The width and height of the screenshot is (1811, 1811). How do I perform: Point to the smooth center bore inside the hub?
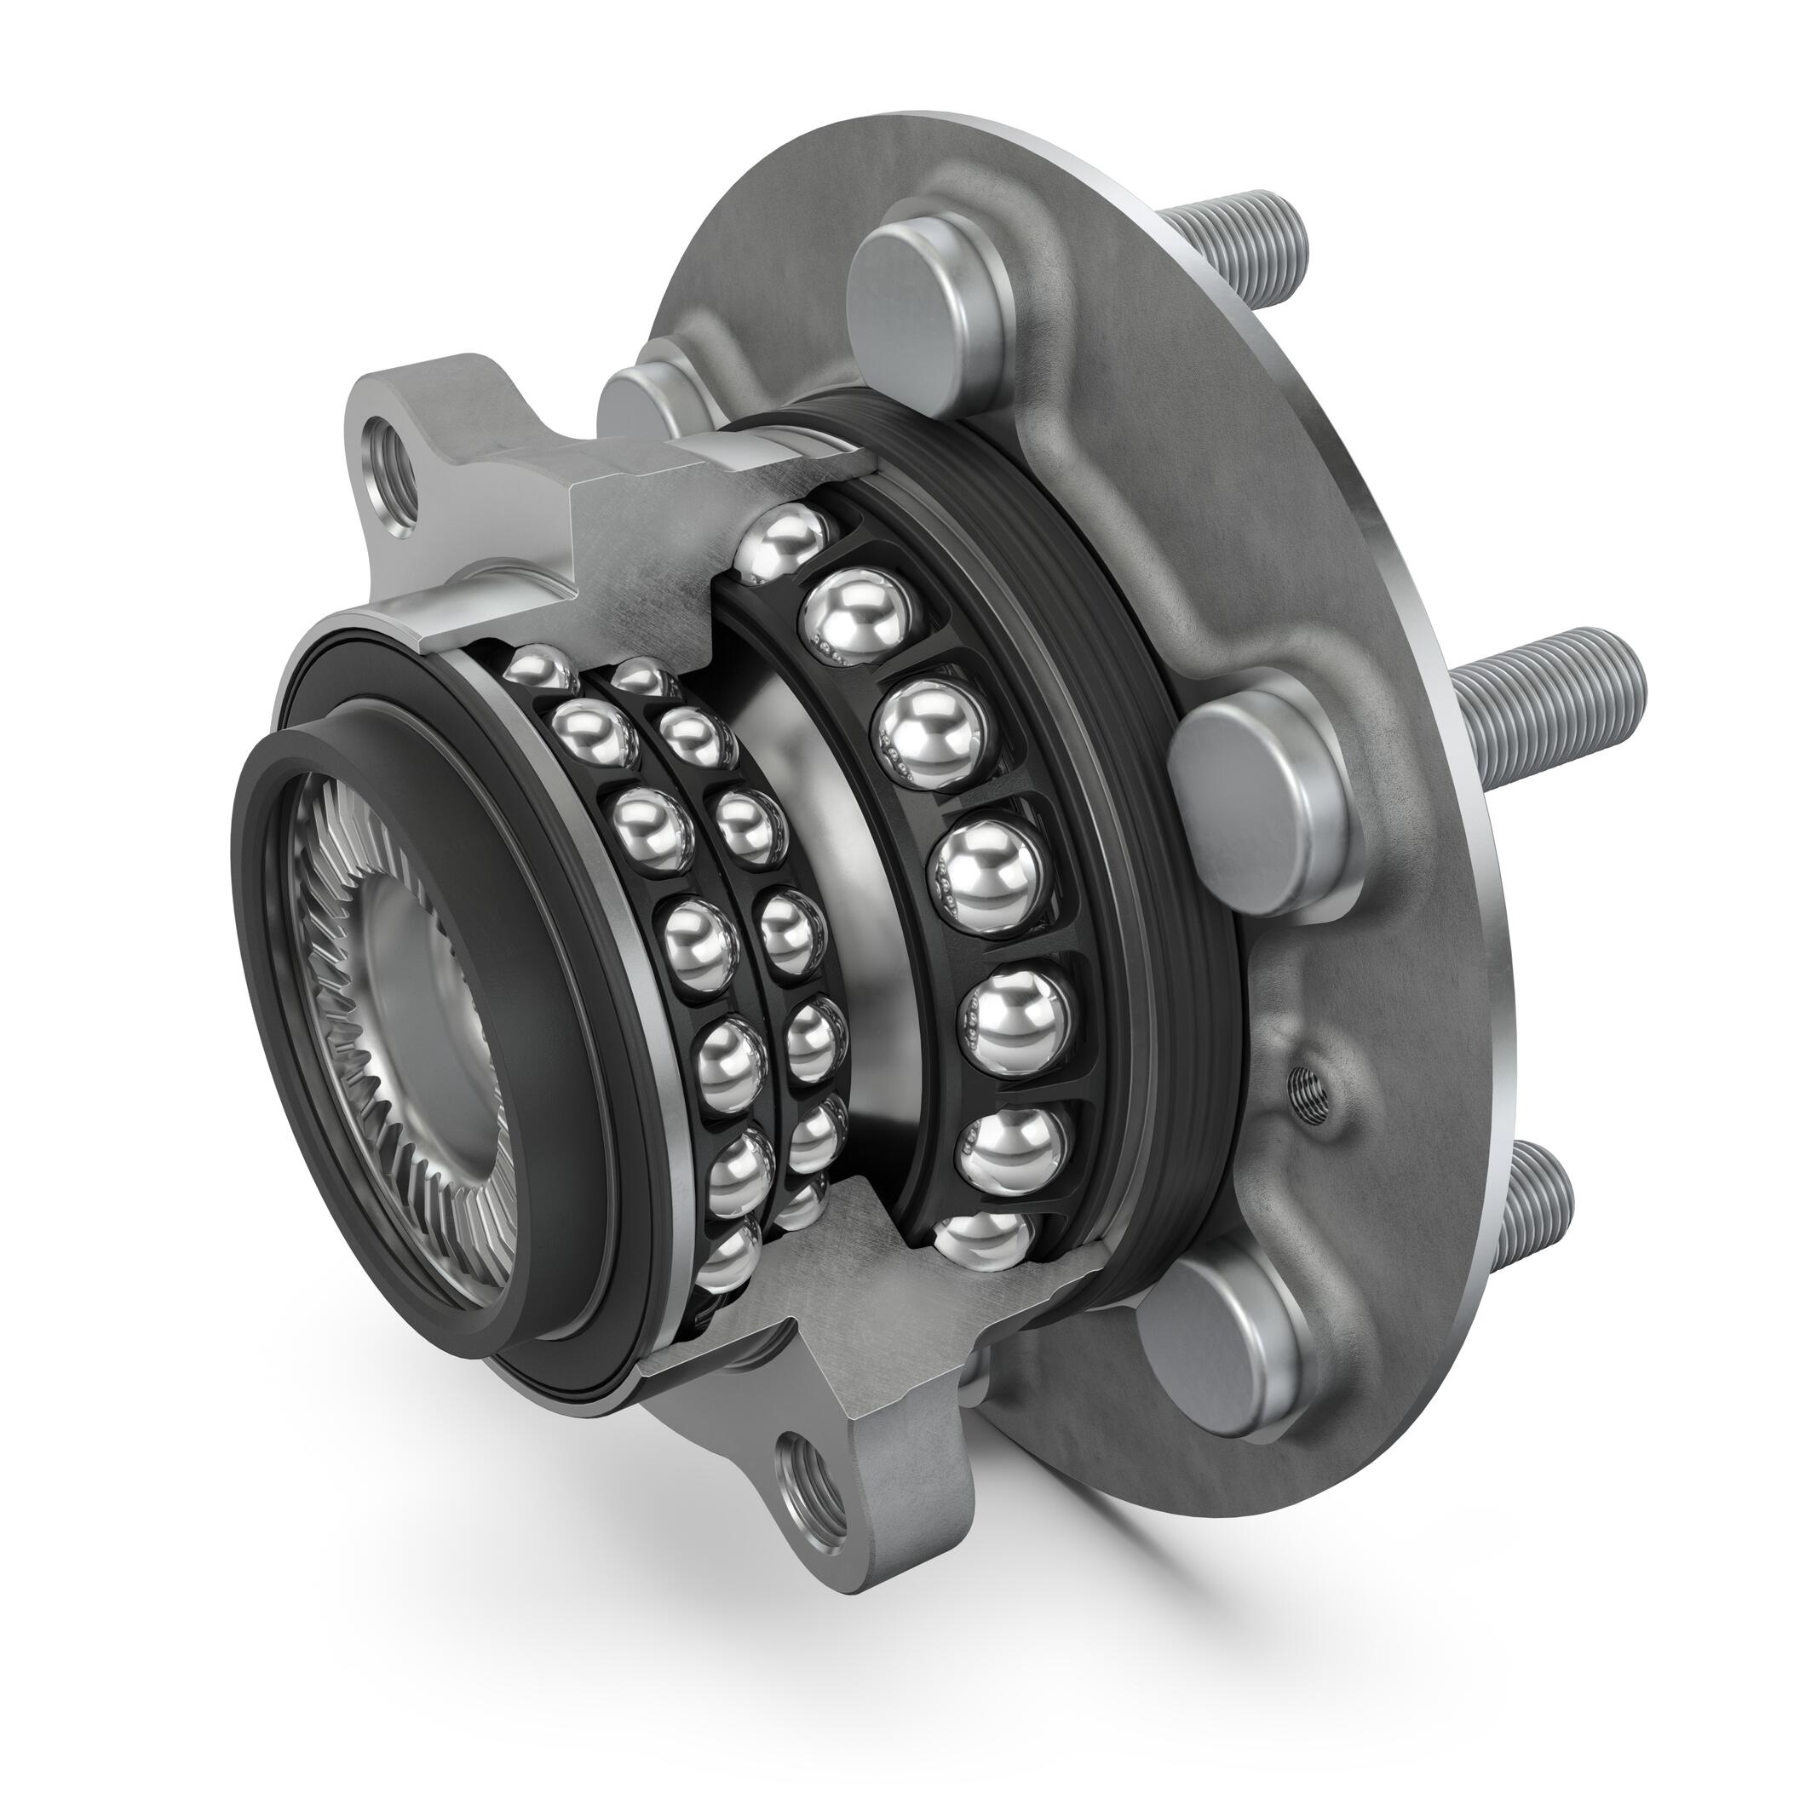tap(431, 956)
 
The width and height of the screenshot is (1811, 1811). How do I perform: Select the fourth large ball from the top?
tap(984, 877)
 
